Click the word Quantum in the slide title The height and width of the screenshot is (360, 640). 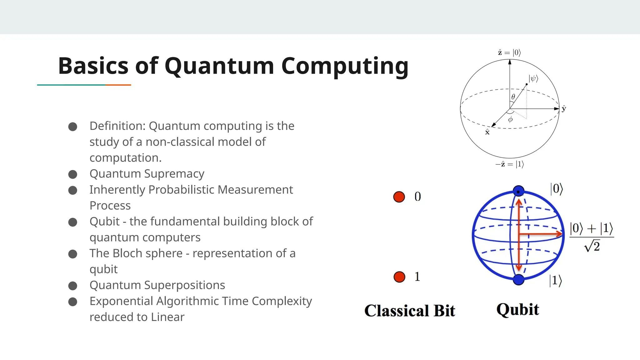tap(219, 66)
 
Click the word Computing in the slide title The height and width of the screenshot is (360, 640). tap(345, 66)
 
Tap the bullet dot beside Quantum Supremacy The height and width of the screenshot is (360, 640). tap(73, 174)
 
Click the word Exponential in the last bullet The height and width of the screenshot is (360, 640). tap(121, 301)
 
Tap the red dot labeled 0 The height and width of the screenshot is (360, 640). tap(399, 197)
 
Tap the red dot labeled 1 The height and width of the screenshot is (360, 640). tap(399, 277)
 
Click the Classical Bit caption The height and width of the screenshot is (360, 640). tap(410, 311)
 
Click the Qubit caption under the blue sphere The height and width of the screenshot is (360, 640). tap(518, 310)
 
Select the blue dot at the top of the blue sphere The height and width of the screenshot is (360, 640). tap(519, 191)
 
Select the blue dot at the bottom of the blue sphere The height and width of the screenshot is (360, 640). tap(519, 279)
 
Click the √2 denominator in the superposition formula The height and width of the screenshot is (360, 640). tap(592, 246)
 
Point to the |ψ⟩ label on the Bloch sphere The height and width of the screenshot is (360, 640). tap(533, 78)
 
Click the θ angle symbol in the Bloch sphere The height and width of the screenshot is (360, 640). tap(513, 97)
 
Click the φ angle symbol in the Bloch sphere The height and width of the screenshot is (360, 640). tap(510, 119)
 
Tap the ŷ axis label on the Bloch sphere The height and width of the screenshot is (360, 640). tap(564, 109)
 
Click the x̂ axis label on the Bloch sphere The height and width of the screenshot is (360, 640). tap(487, 132)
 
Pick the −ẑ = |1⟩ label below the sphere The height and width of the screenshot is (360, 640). tap(510, 164)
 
